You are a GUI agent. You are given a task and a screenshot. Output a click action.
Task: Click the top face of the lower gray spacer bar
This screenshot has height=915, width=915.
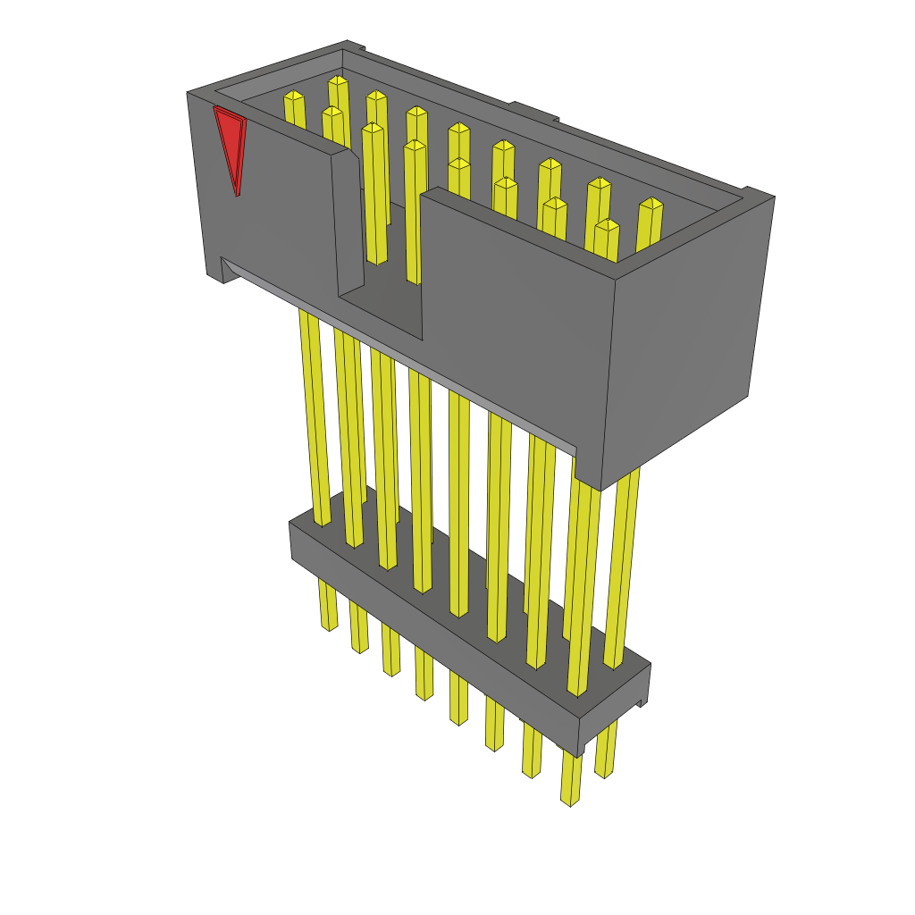pyautogui.click(x=465, y=599)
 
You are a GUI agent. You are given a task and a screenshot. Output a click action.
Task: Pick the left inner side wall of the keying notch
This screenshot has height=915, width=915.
pyautogui.click(x=348, y=223)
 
